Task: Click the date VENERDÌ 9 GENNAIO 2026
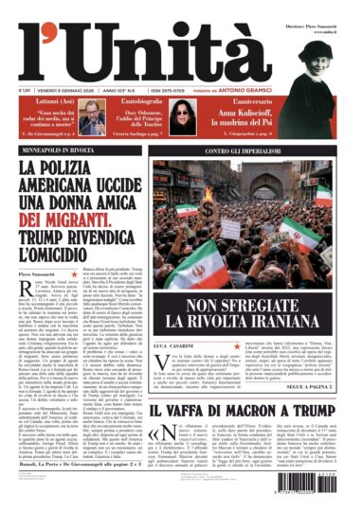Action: (71, 90)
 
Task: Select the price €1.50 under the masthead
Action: (27, 90)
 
